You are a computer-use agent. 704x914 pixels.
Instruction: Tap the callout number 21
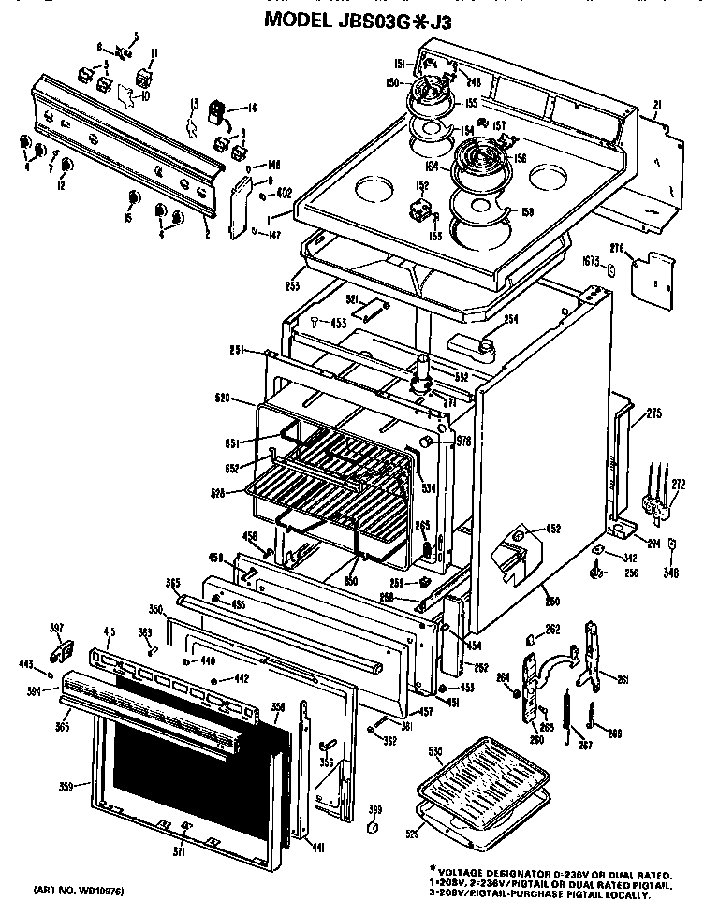pos(657,104)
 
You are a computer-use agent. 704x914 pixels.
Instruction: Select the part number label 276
pos(643,248)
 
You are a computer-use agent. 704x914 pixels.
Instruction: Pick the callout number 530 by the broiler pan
pos(433,750)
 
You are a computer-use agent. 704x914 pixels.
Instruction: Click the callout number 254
pos(510,320)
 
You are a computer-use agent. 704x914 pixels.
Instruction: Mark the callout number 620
pos(222,398)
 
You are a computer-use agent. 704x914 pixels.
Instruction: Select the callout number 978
pos(462,441)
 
